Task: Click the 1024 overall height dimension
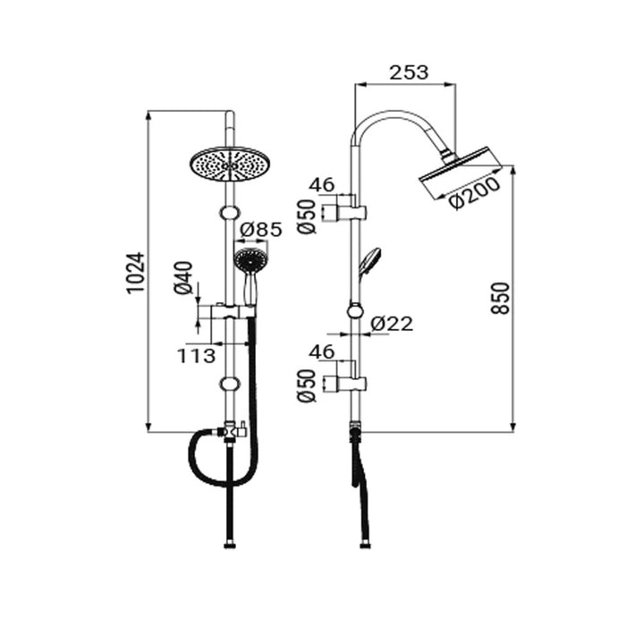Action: [133, 272]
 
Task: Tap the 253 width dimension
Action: [408, 72]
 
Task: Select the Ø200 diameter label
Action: [475, 197]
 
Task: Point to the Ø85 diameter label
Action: [261, 229]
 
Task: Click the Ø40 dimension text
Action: [183, 278]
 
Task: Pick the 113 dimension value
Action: [196, 356]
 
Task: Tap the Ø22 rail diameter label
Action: [392, 324]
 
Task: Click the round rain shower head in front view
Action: [230, 165]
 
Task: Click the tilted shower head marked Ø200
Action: [454, 173]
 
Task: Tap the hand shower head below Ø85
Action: [250, 261]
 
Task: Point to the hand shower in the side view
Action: [368, 262]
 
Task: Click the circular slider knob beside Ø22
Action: [356, 310]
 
